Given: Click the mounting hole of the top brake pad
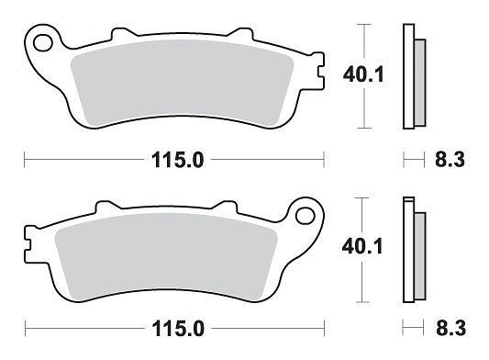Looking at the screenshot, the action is pyautogui.click(x=43, y=43).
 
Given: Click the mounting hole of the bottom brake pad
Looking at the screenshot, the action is pyautogui.click(x=305, y=216).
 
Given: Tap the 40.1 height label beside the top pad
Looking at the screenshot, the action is pyautogui.click(x=363, y=75).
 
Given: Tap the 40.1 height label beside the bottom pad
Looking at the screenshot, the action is pyautogui.click(x=362, y=247).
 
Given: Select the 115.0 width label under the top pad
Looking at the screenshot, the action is pyautogui.click(x=177, y=160).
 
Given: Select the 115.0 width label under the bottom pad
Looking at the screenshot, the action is pyautogui.click(x=178, y=329).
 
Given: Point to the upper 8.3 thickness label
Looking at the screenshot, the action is pyautogui.click(x=450, y=160).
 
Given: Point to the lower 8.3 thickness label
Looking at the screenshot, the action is pyautogui.click(x=451, y=328).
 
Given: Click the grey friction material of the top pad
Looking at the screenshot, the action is pyautogui.click(x=183, y=83).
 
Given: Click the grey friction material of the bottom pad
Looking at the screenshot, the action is pyautogui.click(x=166, y=256).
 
